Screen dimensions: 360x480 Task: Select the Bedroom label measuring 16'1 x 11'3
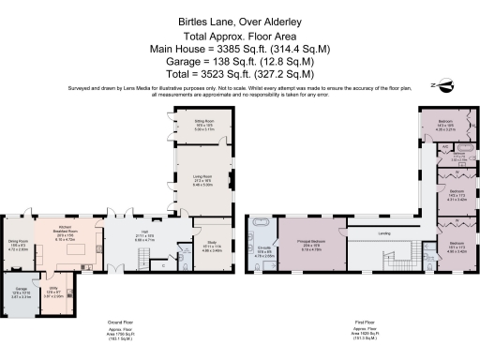(456, 248)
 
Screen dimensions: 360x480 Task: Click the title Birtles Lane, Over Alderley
(240, 18)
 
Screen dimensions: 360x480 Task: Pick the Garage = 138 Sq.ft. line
(240, 58)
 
